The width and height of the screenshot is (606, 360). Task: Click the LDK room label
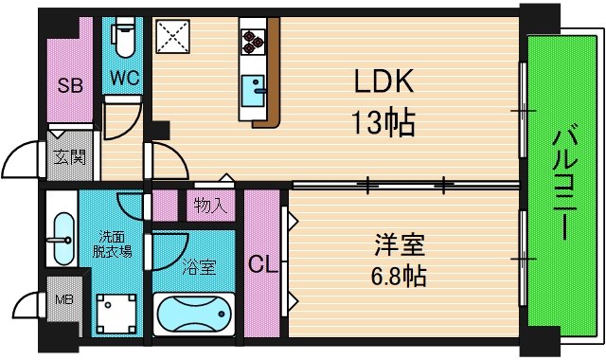click(x=385, y=84)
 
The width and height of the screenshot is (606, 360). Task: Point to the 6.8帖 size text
click(x=398, y=276)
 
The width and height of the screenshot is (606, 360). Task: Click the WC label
click(x=126, y=80)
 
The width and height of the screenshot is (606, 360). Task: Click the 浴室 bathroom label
click(x=198, y=266)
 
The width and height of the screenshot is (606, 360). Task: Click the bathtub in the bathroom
click(x=194, y=312)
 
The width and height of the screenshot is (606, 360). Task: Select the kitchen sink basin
click(x=254, y=92)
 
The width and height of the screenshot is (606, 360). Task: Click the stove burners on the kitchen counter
click(x=253, y=40)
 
